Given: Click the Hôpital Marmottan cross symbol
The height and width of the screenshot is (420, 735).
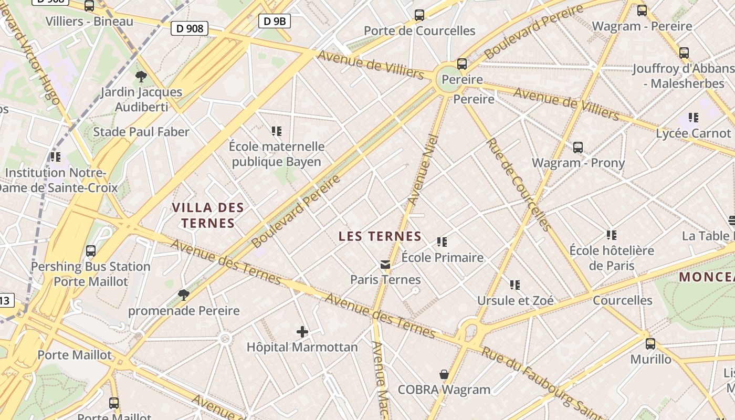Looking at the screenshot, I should [302, 331].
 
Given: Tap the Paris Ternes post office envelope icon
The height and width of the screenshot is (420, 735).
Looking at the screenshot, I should [386, 265].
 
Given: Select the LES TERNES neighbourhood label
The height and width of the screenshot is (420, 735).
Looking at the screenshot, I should [380, 236].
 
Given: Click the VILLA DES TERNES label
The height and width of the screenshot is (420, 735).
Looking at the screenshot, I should [208, 215].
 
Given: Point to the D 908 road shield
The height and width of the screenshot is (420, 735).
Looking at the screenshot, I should [190, 28].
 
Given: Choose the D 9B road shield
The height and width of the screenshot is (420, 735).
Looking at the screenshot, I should [275, 21].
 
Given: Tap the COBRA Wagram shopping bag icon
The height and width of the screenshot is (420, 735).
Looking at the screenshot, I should [444, 374].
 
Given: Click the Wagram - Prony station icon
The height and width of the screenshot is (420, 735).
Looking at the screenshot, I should [578, 148].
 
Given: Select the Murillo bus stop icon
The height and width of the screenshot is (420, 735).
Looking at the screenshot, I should [650, 344].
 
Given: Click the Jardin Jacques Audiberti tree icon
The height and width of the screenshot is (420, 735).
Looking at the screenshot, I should [141, 77].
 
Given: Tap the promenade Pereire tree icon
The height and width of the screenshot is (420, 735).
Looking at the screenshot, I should [184, 295].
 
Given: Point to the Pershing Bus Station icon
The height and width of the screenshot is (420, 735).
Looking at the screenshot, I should [91, 251].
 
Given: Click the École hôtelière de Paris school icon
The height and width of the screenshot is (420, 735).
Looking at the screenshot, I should [612, 235].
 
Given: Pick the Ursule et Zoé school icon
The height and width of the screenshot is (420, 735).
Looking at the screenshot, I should [515, 285].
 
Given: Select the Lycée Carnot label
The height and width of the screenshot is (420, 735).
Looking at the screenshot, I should [693, 133].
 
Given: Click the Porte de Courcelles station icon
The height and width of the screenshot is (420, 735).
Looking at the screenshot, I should [419, 15].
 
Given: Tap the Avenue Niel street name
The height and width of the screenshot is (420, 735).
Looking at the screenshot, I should [423, 170].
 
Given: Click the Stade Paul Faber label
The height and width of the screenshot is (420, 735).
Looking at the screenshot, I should [141, 132].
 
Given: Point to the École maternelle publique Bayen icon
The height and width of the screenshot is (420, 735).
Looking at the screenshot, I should [277, 131].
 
